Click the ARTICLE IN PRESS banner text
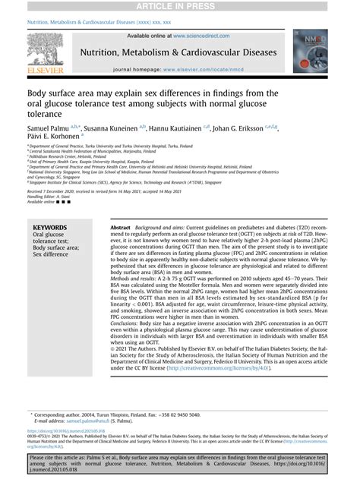pyautogui.click(x=180, y=7)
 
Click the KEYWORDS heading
pyautogui.click(x=50, y=227)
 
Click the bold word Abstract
pyautogui.click(x=121, y=227)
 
